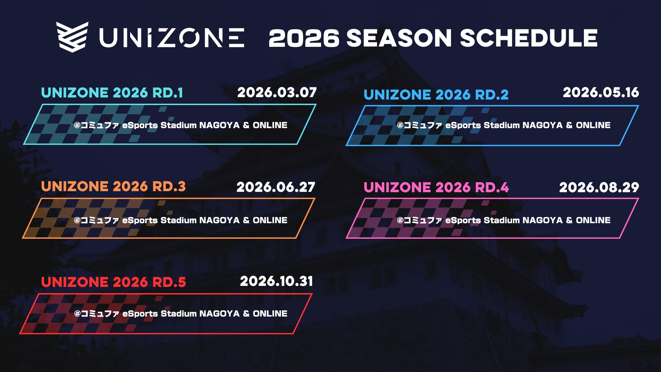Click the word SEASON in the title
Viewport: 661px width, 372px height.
tap(399, 38)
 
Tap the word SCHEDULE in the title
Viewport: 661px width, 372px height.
tap(528, 38)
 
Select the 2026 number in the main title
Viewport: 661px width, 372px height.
tap(304, 38)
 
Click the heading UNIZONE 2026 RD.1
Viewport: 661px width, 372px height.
tap(112, 93)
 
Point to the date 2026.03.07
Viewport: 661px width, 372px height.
tap(277, 93)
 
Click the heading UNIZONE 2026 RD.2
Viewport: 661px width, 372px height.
tap(436, 95)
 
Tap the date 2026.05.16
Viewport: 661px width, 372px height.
tap(601, 92)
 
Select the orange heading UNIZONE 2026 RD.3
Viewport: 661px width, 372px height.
tap(113, 187)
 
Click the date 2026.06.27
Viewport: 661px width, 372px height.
tap(276, 187)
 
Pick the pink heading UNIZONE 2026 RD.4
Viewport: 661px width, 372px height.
tap(436, 188)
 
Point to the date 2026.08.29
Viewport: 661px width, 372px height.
tap(599, 187)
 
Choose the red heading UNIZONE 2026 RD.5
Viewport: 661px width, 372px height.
tap(113, 282)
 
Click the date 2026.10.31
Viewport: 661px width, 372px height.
tap(276, 281)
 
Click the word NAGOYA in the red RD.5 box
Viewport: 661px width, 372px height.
tap(219, 313)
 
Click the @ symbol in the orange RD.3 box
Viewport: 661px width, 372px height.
tap(77, 220)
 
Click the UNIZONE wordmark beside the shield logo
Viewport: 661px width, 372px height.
tap(172, 38)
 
